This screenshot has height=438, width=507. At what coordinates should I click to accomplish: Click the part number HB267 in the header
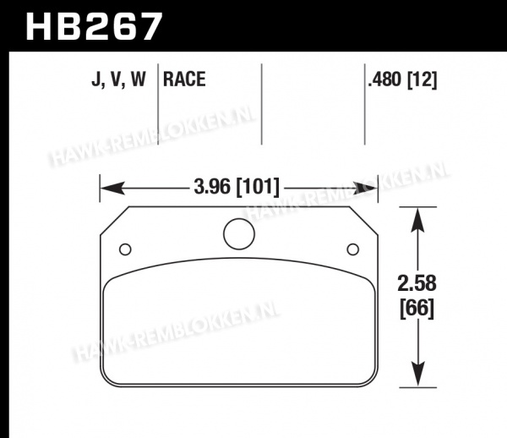[94, 26]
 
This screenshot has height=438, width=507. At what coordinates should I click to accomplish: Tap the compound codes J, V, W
[118, 79]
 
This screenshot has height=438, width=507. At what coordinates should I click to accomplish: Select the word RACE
[184, 79]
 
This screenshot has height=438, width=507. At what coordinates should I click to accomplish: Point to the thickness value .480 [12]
[402, 79]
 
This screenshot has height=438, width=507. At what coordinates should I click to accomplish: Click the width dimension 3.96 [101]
[237, 187]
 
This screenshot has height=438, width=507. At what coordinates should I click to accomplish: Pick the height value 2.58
[417, 283]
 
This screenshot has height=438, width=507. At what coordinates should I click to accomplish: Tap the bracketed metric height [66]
[417, 309]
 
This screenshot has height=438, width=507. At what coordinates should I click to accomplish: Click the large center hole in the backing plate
[239, 234]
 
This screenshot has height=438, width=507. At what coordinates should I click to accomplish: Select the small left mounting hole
[125, 249]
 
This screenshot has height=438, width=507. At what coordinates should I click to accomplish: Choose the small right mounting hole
[352, 249]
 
